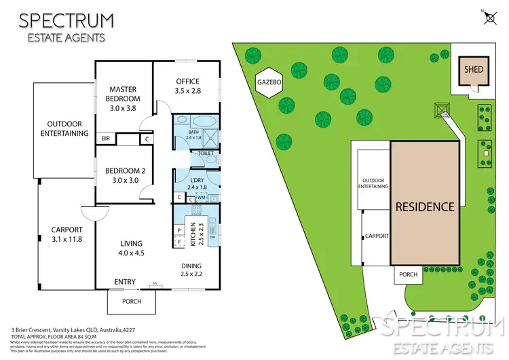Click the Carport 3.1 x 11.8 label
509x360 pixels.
67,234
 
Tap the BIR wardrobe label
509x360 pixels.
105,139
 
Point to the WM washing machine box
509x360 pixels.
201,197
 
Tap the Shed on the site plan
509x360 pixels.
472,70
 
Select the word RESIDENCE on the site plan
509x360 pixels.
426,206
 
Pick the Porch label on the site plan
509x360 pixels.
409,275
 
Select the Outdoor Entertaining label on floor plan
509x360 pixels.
68,128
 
